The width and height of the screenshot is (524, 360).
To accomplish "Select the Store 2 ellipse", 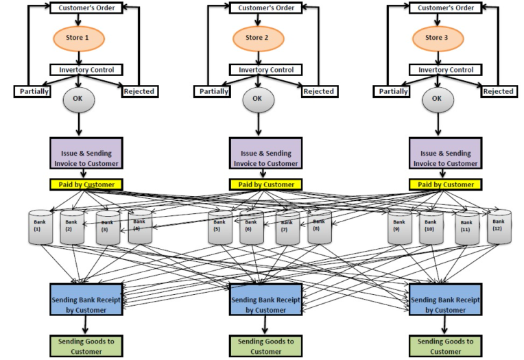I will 257,38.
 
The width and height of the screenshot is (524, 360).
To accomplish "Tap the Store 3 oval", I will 436,38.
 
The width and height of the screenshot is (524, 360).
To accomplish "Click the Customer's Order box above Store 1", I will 84,8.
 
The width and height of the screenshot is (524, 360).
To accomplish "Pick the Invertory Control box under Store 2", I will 257,70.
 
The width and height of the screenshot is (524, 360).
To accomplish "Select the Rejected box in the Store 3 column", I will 499,91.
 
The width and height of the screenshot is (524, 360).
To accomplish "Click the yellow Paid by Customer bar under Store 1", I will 86,184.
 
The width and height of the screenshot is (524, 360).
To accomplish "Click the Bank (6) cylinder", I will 252,227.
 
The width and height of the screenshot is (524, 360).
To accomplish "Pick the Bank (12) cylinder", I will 499,227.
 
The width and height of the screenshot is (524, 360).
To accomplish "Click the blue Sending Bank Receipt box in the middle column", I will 264,300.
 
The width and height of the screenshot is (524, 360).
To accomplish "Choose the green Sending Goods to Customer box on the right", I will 442,346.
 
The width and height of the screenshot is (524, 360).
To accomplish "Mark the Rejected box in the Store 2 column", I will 318,91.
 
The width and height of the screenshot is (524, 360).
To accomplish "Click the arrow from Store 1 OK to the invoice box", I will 78,125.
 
